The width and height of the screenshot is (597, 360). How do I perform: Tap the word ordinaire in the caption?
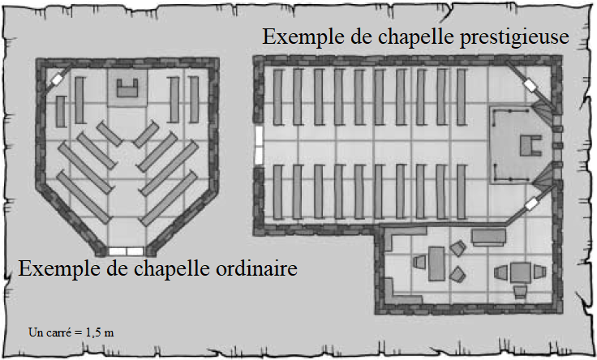tap(256, 268)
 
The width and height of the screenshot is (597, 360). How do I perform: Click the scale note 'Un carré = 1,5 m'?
tap(71, 332)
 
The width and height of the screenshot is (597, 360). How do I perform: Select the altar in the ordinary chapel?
tap(127, 88)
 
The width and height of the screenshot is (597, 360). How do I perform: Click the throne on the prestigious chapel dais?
tap(530, 146)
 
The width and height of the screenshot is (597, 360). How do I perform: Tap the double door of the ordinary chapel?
tap(126, 251)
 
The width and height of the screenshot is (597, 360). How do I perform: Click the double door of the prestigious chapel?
tap(259, 145)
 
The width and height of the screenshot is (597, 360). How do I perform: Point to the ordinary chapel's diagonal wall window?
tap(57, 79)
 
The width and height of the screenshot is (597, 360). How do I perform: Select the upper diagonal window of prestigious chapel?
tap(529, 85)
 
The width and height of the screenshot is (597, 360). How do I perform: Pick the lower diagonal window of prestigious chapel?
tap(530, 204)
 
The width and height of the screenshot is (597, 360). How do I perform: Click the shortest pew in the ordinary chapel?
tap(61, 112)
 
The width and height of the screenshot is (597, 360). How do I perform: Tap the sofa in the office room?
tap(488, 237)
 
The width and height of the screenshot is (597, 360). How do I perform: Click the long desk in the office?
tap(436, 264)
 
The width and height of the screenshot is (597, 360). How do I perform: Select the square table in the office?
tap(521, 272)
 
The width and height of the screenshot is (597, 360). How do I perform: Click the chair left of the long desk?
tap(419, 262)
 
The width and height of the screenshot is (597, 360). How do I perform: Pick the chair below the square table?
tap(520, 292)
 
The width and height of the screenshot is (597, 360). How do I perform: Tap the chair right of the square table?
tap(540, 272)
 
